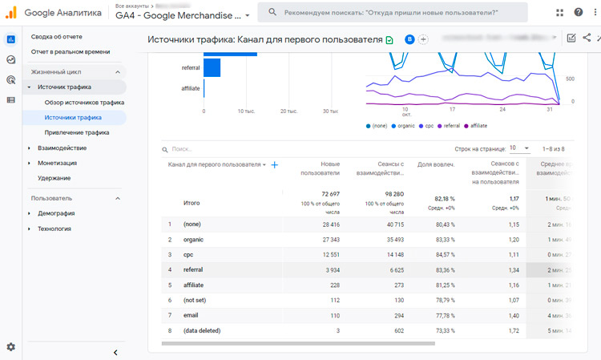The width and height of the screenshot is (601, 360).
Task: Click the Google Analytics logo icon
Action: tap(11, 13)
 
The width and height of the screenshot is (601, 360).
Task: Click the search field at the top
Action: tap(397, 12)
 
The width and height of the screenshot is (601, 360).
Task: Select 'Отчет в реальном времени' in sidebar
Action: tap(67, 52)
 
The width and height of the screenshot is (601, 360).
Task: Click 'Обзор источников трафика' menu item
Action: tap(84, 103)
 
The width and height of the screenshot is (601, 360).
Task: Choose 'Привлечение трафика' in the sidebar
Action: tap(77, 133)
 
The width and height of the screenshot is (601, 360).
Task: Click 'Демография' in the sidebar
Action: tap(56, 213)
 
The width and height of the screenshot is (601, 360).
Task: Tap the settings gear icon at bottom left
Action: tap(11, 347)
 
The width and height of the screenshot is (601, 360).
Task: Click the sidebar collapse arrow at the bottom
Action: tap(115, 352)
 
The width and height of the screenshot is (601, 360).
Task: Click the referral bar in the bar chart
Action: tap(212, 68)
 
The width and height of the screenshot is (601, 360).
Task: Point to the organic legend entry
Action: tap(405, 126)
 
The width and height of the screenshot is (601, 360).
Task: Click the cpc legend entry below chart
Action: tap(429, 126)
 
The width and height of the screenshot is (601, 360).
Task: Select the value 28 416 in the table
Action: tap(325, 224)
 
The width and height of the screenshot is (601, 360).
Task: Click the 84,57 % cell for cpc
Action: tap(442, 255)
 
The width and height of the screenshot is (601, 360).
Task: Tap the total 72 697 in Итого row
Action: tap(325, 195)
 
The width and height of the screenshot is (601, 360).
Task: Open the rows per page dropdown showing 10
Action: tap(519, 148)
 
